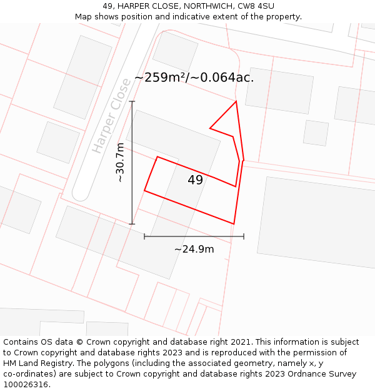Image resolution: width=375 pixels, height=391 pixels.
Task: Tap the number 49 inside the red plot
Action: click(x=195, y=180)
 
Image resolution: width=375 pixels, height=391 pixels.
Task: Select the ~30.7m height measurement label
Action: click(x=121, y=163)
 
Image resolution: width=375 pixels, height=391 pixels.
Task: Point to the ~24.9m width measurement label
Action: click(x=194, y=249)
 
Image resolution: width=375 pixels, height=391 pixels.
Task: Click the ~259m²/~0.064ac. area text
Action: click(x=194, y=78)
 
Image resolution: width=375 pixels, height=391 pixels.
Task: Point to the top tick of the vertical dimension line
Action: click(x=132, y=101)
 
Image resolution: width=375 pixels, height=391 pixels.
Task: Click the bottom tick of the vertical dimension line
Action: click(x=132, y=223)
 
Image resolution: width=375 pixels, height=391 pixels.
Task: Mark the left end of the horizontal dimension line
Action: click(x=144, y=236)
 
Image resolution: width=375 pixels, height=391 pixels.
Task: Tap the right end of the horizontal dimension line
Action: click(x=244, y=236)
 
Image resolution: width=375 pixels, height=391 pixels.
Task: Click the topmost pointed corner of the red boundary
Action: click(x=236, y=101)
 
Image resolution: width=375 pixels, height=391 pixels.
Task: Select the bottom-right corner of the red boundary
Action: click(x=234, y=223)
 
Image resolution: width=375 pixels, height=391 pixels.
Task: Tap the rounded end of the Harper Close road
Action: click(x=81, y=193)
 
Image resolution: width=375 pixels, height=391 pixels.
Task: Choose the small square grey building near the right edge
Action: click(x=316, y=133)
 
